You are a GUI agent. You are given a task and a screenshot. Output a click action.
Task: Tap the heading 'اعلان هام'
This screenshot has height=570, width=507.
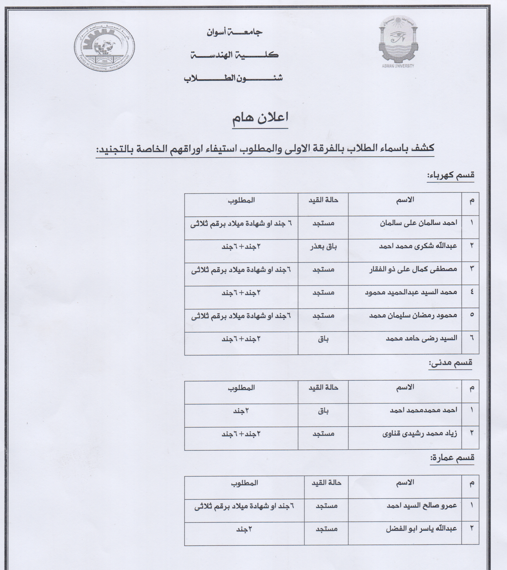260,118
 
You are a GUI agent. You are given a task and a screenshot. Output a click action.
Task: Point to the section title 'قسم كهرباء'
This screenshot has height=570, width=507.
451,175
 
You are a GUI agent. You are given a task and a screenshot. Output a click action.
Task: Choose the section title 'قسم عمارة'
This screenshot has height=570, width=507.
452,458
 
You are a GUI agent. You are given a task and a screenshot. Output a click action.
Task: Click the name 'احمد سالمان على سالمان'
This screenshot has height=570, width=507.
418,223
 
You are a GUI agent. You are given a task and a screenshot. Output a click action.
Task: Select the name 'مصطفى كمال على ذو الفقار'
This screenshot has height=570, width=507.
413,269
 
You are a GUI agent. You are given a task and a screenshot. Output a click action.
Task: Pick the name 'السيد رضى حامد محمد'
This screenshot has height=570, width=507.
421,338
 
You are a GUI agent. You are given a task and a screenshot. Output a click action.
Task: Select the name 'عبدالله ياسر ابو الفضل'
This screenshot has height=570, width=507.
421,528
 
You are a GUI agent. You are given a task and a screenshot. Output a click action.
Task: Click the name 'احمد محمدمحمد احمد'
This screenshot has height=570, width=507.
423,410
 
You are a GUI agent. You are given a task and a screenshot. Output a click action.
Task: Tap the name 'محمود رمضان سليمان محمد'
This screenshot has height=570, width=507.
413,315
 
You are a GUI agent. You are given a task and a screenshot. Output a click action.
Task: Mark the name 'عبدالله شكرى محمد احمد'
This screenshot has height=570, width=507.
418,246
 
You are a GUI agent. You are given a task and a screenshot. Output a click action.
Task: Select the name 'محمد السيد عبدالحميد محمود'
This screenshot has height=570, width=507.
411,292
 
